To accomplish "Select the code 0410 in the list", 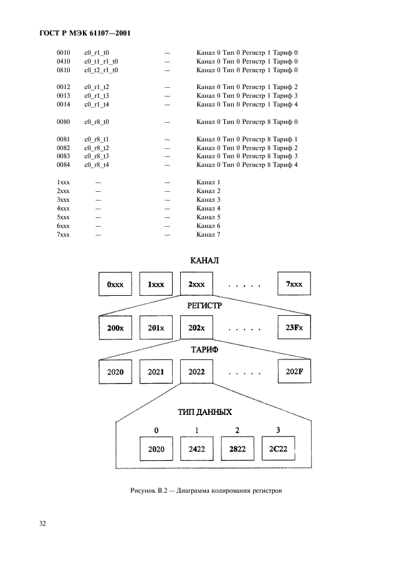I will coord(64,62).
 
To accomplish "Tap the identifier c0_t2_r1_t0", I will coord(101,70).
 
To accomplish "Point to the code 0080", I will coord(64,122).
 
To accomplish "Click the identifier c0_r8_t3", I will coord(97,156).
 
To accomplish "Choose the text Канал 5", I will coord(209,217).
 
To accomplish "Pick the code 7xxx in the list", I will coord(64,234).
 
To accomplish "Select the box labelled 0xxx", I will coord(115,284).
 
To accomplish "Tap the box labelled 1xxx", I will coord(156,284).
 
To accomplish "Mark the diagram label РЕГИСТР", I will coord(204,306).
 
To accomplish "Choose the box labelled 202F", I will coord(294,371).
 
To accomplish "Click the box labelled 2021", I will coord(156,371).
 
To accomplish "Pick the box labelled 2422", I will coord(197,448).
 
